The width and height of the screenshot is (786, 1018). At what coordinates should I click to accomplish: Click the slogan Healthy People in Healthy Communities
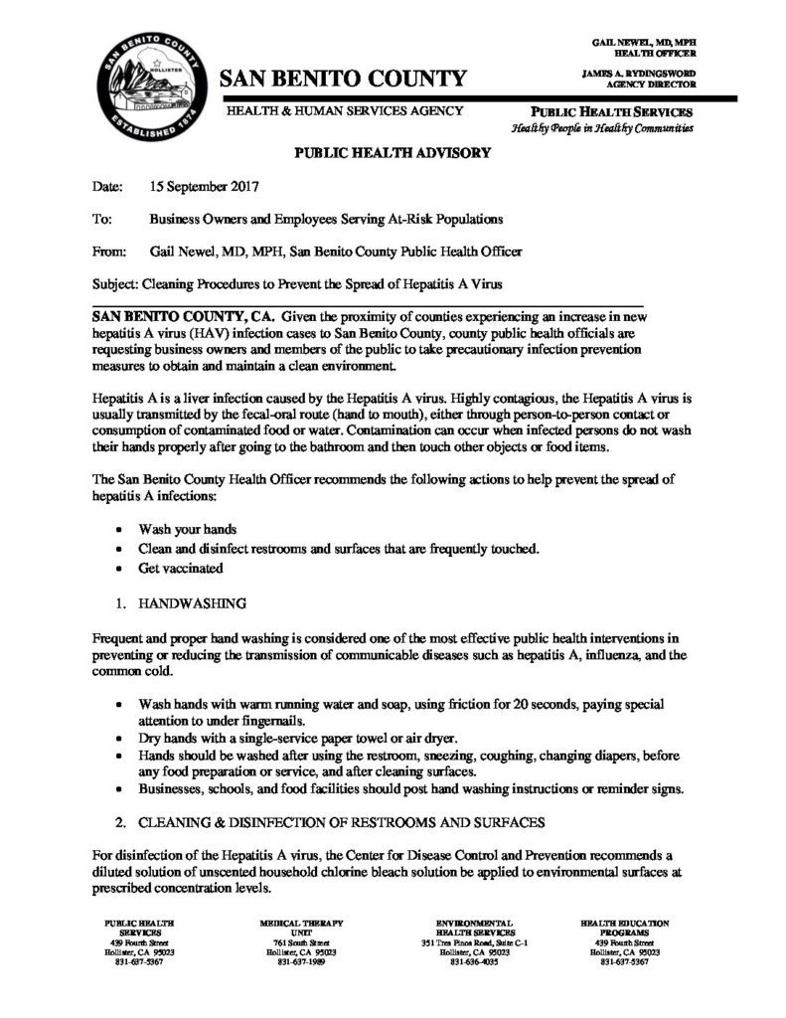pyautogui.click(x=602, y=129)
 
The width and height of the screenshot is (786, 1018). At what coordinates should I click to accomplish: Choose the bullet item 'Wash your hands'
pyautogui.click(x=183, y=530)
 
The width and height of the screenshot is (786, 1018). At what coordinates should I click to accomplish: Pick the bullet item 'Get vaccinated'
pyautogui.click(x=181, y=569)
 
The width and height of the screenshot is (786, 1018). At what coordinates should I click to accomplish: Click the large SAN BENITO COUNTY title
pyautogui.click(x=342, y=79)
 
